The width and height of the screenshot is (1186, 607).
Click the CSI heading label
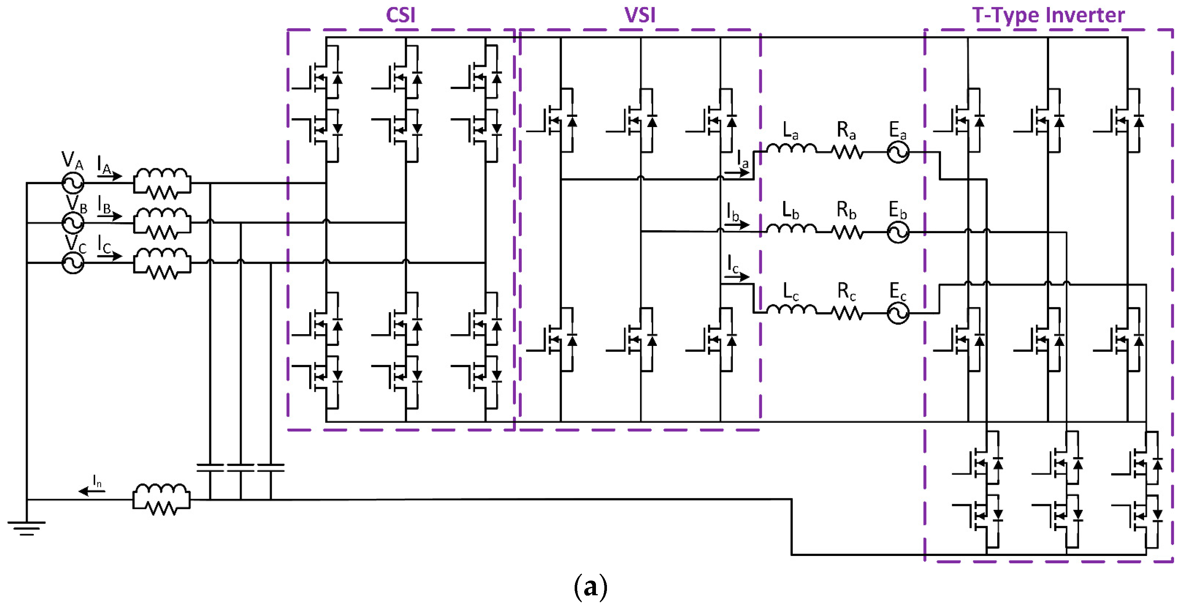pyautogui.click(x=400, y=15)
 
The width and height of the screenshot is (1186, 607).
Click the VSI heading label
pyautogui.click(x=640, y=15)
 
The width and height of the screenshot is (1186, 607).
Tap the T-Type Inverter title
pyautogui.click(x=1048, y=15)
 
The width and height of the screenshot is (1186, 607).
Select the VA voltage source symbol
pyautogui.click(x=73, y=183)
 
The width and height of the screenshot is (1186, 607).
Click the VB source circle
pyautogui.click(x=73, y=223)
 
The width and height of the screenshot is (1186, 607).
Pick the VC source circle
pyautogui.click(x=73, y=263)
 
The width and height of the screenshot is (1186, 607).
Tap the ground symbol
pyautogui.click(x=27, y=528)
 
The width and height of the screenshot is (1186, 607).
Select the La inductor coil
pyautogui.click(x=791, y=148)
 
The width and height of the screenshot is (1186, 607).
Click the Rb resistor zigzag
pyautogui.click(x=847, y=232)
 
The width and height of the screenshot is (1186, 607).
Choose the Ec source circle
pyautogui.click(x=898, y=313)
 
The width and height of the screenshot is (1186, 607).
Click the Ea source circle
pyautogui.click(x=898, y=152)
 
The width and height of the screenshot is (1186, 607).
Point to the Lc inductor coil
pyautogui.click(x=791, y=310)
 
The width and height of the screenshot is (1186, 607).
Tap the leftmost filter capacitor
pyautogui.click(x=210, y=467)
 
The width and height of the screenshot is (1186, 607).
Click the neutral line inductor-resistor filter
pyautogui.click(x=162, y=499)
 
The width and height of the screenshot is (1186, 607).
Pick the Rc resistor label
pyautogui.click(x=846, y=291)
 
